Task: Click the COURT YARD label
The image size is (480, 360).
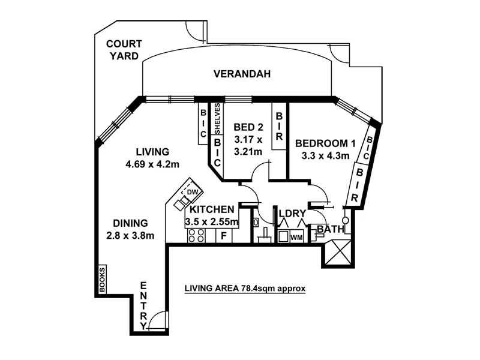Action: click(x=124, y=49)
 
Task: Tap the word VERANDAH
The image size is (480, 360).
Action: click(x=242, y=74)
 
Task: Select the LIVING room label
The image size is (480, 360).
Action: click(x=152, y=152)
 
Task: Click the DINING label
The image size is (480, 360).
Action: click(x=126, y=223)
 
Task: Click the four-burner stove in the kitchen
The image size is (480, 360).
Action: click(x=196, y=236)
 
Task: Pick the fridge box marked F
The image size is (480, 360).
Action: click(x=223, y=236)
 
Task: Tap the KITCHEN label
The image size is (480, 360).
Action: click(x=211, y=210)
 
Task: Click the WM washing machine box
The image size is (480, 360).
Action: click(x=296, y=238)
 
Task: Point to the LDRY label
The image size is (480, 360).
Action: click(x=292, y=213)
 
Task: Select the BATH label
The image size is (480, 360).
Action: click(x=330, y=229)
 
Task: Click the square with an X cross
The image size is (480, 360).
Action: click(x=337, y=252)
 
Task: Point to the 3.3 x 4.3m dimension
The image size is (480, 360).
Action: click(x=322, y=156)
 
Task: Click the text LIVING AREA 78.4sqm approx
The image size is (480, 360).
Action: click(x=245, y=288)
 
